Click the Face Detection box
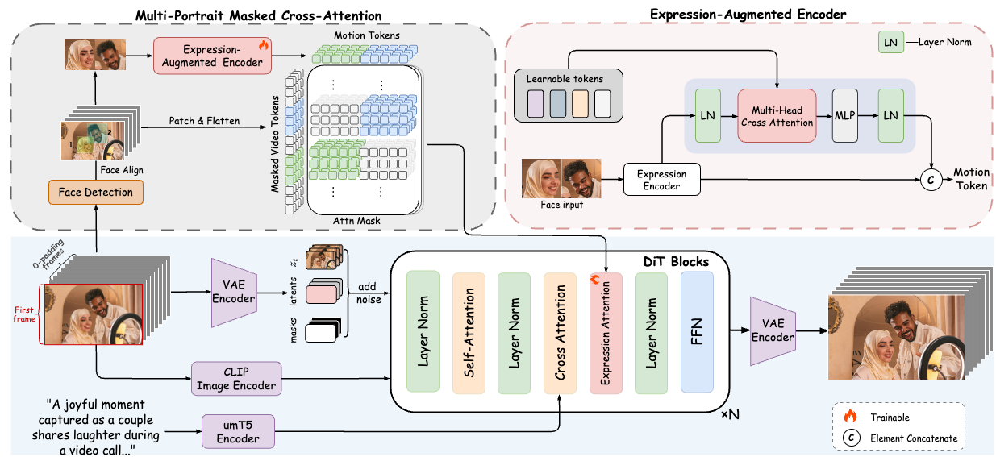96,192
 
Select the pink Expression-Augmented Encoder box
212,56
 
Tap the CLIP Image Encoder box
236,378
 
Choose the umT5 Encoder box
238,432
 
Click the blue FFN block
697,332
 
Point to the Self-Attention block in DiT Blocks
469,333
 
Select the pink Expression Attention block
606,333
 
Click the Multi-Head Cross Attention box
777,115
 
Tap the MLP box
845,115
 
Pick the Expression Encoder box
661,180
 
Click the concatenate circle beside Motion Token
931,180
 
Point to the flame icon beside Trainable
850,416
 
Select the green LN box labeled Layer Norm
890,42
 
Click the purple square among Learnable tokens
536,104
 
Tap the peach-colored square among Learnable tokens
580,104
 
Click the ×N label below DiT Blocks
730,415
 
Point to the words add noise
369,293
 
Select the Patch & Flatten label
204,121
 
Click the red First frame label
24,314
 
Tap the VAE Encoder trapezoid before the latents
234,293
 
